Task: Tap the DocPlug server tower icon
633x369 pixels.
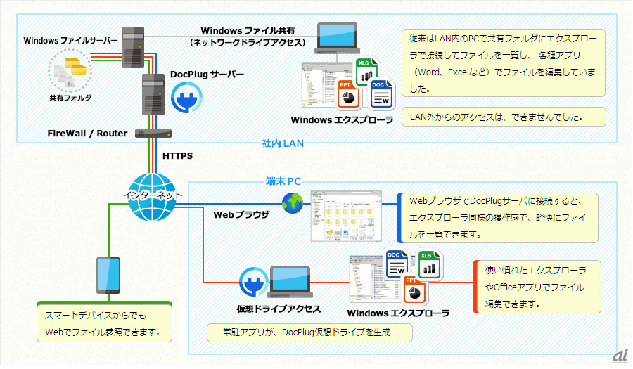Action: (x=153, y=95)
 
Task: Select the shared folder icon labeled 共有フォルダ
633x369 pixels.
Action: (x=70, y=73)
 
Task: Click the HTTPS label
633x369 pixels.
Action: (x=177, y=155)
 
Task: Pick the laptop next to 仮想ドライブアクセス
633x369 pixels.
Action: (x=290, y=282)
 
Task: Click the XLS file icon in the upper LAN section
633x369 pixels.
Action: (x=365, y=71)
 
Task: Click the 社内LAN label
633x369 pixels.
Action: (x=282, y=143)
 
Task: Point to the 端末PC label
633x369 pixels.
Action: (x=283, y=181)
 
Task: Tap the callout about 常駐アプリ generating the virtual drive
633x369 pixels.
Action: (x=309, y=332)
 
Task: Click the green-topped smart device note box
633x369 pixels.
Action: (x=104, y=321)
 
